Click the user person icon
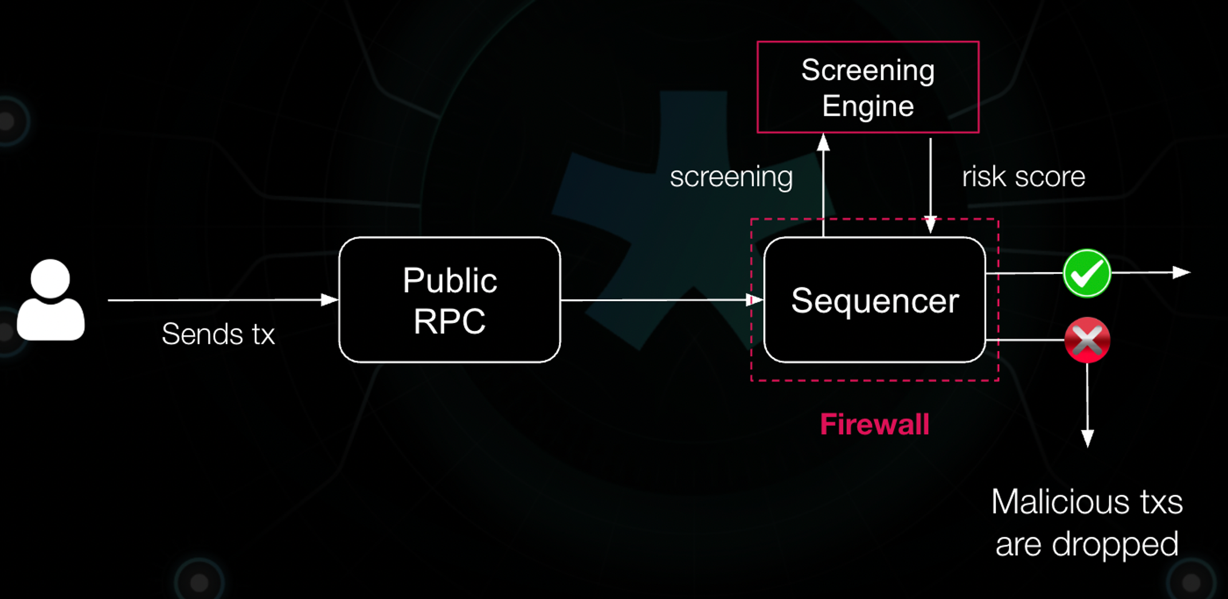pos(50,300)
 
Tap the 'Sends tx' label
pos(218,334)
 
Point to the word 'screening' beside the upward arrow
pos(732,177)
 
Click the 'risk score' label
pos(1023,177)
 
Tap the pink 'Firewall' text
pos(874,424)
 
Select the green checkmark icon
pos(1087,273)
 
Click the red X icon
pos(1087,340)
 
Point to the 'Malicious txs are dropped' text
pos(1087,522)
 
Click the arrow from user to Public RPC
pos(223,300)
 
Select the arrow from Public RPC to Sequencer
pos(662,300)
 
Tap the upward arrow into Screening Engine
pos(823,185)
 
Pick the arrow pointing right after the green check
pos(1151,272)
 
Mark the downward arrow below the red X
pos(1088,405)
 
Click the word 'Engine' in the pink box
pos(868,106)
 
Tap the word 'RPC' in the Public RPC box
pos(449,321)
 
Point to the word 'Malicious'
pos(1058,502)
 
